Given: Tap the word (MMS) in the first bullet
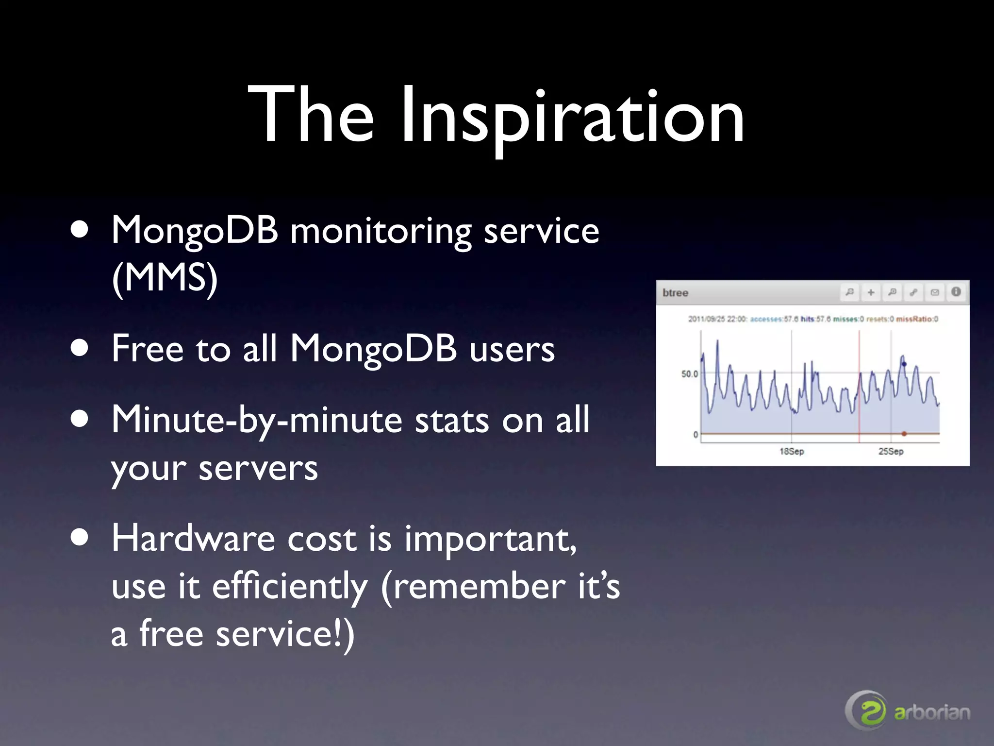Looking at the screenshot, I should pyautogui.click(x=165, y=278).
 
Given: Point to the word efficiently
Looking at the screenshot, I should pyautogui.click(x=290, y=586).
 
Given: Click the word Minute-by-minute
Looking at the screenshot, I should pyautogui.click(x=257, y=420).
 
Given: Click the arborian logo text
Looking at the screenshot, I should pyautogui.click(x=932, y=713).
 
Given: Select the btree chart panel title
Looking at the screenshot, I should pyautogui.click(x=675, y=293).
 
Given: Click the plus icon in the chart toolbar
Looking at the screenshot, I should pyautogui.click(x=871, y=292).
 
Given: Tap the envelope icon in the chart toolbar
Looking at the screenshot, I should pyautogui.click(x=935, y=292).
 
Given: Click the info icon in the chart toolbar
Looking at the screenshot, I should pyautogui.click(x=956, y=292).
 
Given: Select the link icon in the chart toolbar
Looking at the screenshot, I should pyautogui.click(x=913, y=292).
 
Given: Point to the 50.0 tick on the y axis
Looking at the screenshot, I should pyautogui.click(x=689, y=374).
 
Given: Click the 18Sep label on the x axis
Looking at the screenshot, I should pyautogui.click(x=792, y=451).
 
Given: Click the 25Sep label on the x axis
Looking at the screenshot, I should pyautogui.click(x=891, y=451).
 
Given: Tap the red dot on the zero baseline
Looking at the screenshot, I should pyautogui.click(x=904, y=434).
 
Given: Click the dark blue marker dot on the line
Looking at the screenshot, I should pyautogui.click(x=904, y=364).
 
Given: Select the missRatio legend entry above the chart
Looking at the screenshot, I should pyautogui.click(x=917, y=319).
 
